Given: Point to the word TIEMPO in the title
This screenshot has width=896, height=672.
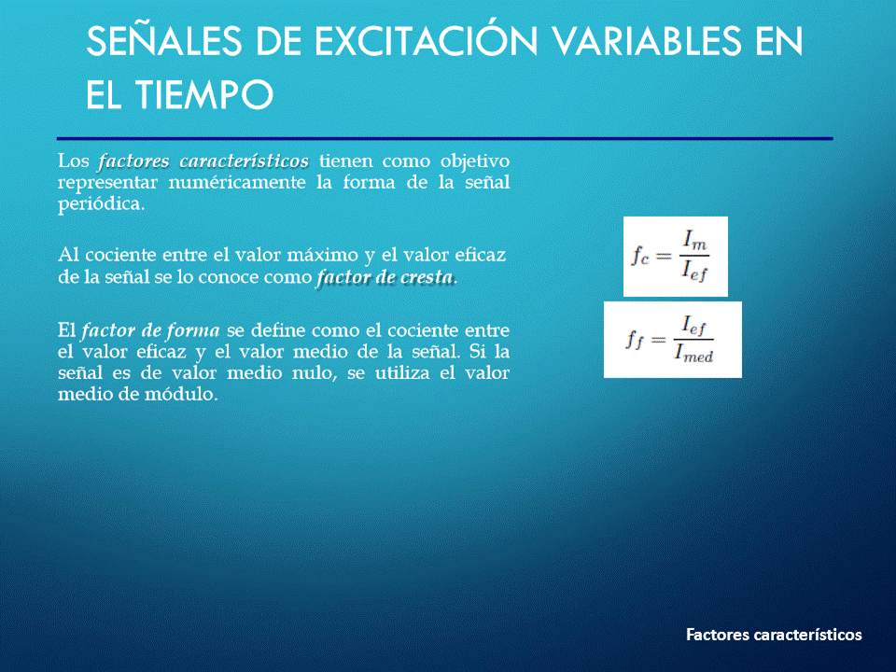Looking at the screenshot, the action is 204,94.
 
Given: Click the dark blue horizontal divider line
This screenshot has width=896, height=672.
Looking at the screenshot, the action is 444,138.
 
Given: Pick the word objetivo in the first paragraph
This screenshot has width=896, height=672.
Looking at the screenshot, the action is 475,161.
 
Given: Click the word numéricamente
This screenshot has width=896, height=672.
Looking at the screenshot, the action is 237,182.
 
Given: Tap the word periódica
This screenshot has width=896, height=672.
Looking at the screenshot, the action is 101,204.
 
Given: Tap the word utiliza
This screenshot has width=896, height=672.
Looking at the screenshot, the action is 402,373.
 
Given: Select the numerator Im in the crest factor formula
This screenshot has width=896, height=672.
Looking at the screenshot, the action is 694,240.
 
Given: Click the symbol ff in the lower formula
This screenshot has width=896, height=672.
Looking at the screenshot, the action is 635,340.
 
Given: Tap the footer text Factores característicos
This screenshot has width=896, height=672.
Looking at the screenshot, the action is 774,635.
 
